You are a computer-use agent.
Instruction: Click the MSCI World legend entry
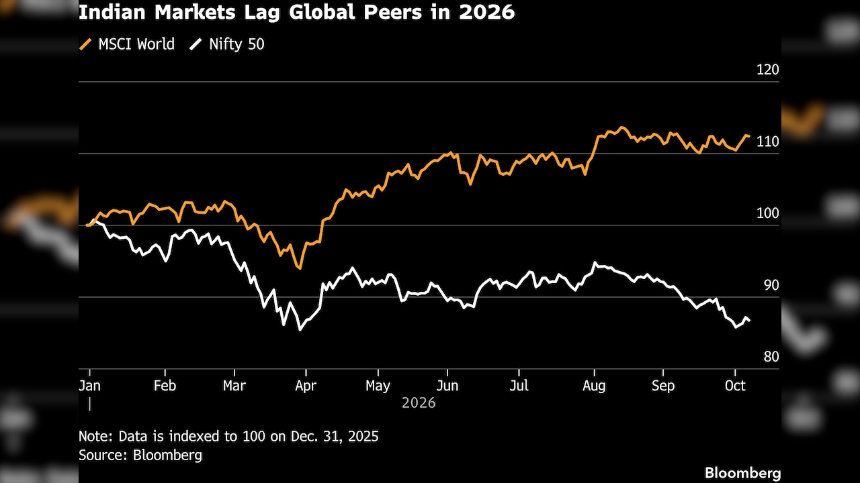127,44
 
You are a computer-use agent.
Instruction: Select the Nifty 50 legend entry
227,44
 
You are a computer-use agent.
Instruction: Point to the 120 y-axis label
767,70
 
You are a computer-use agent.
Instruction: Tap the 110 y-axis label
767,142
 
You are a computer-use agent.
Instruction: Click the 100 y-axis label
767,213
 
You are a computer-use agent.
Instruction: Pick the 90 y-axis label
771,285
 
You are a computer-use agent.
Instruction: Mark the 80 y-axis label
771,357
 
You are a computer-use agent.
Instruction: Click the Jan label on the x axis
89,385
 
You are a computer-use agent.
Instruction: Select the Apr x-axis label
306,386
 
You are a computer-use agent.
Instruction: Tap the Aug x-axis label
594,386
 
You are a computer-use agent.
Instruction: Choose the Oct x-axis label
735,385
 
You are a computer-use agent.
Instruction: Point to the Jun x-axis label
447,385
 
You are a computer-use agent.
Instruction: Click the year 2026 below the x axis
419,403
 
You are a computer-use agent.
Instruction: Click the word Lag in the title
261,13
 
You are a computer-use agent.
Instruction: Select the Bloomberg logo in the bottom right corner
742,473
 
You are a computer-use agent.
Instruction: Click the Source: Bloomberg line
140,455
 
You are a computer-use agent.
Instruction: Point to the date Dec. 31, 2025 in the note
335,436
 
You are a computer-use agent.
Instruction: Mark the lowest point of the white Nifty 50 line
300,329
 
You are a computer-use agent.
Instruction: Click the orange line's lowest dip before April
300,268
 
